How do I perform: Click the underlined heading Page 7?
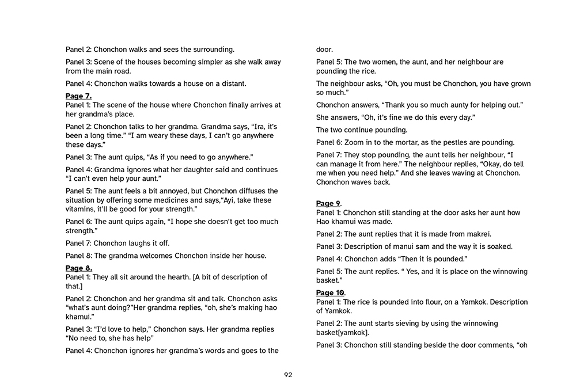pos(78,96)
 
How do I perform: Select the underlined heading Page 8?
pos(78,268)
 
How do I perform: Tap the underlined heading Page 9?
pos(328,203)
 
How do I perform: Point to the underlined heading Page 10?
pos(330,293)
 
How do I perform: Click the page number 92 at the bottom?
pos(288,375)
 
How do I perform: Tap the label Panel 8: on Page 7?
pos(78,256)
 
